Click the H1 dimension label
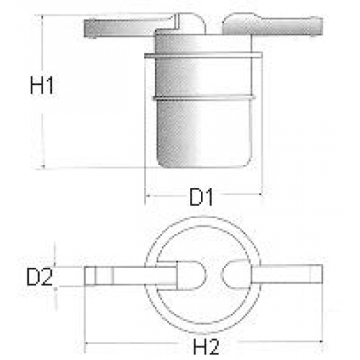tap(42, 85)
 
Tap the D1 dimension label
tap(201, 197)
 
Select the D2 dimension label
tap(40, 277)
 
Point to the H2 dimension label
tap(207, 346)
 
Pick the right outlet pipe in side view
tap(272, 24)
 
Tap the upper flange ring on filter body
tap(203, 55)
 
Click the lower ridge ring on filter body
tap(203, 98)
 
